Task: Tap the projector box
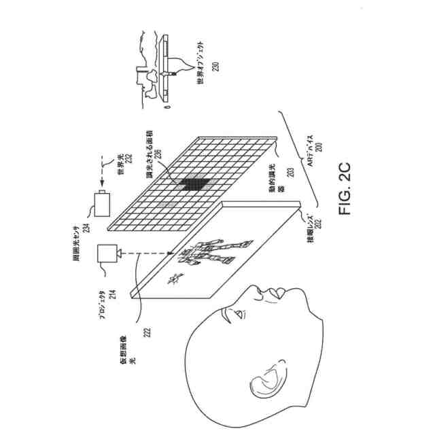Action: point(108,253)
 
